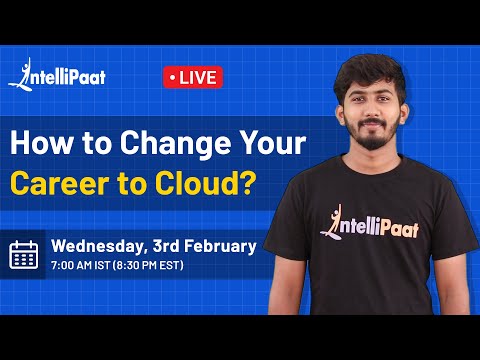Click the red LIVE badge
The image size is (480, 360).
pyautogui.click(x=192, y=77)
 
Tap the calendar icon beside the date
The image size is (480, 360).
pyautogui.click(x=23, y=255)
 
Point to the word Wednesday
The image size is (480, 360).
pyautogui.click(x=97, y=245)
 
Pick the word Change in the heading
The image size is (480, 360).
pyautogui.click(x=138, y=142)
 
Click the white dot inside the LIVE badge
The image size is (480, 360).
pyautogui.click(x=174, y=77)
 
